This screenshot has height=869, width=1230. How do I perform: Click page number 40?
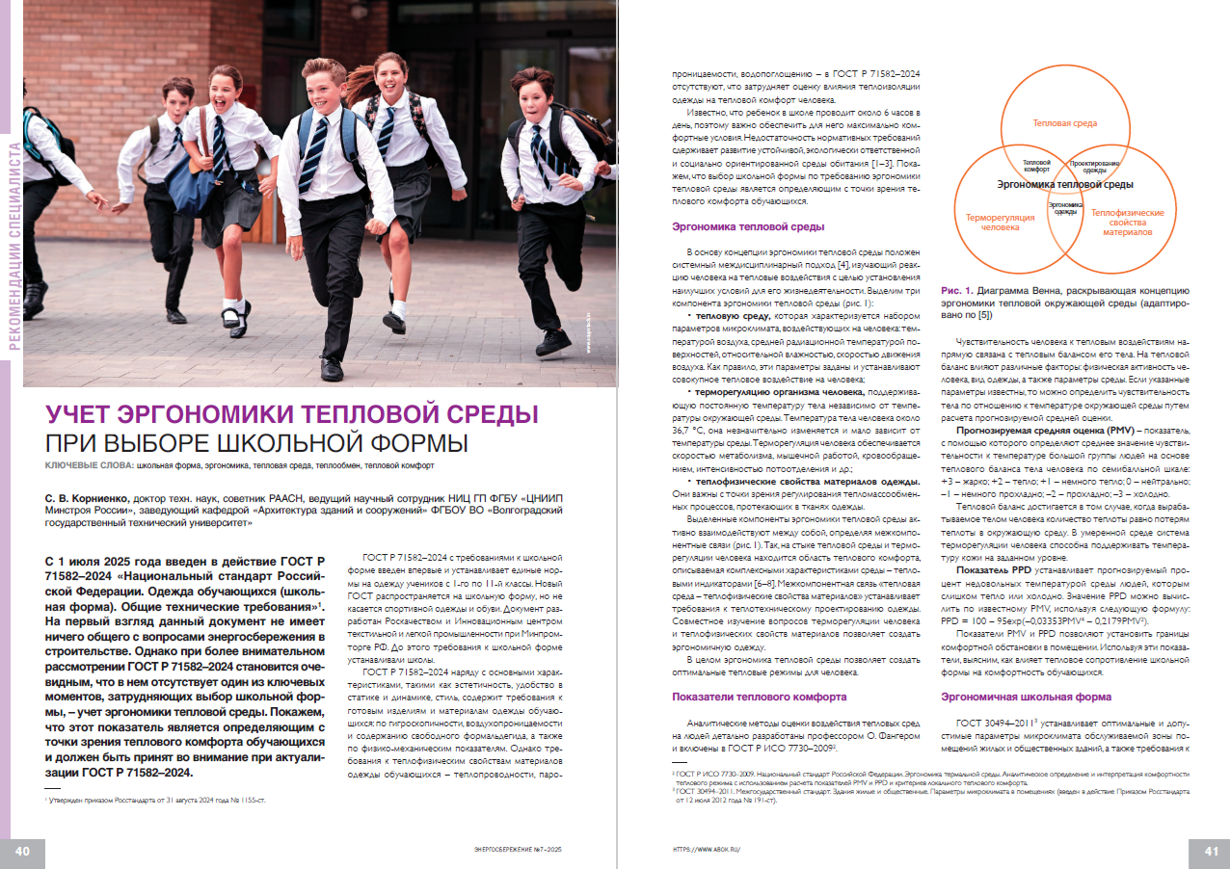click(23, 850)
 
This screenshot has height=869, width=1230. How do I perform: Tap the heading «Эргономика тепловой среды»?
click(747, 227)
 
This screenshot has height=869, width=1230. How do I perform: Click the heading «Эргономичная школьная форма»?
click(1020, 696)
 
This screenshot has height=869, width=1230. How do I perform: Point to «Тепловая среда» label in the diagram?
click(1064, 123)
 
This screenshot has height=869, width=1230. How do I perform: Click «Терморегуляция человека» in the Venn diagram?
click(1000, 223)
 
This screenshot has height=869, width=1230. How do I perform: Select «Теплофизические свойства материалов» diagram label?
click(1127, 223)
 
